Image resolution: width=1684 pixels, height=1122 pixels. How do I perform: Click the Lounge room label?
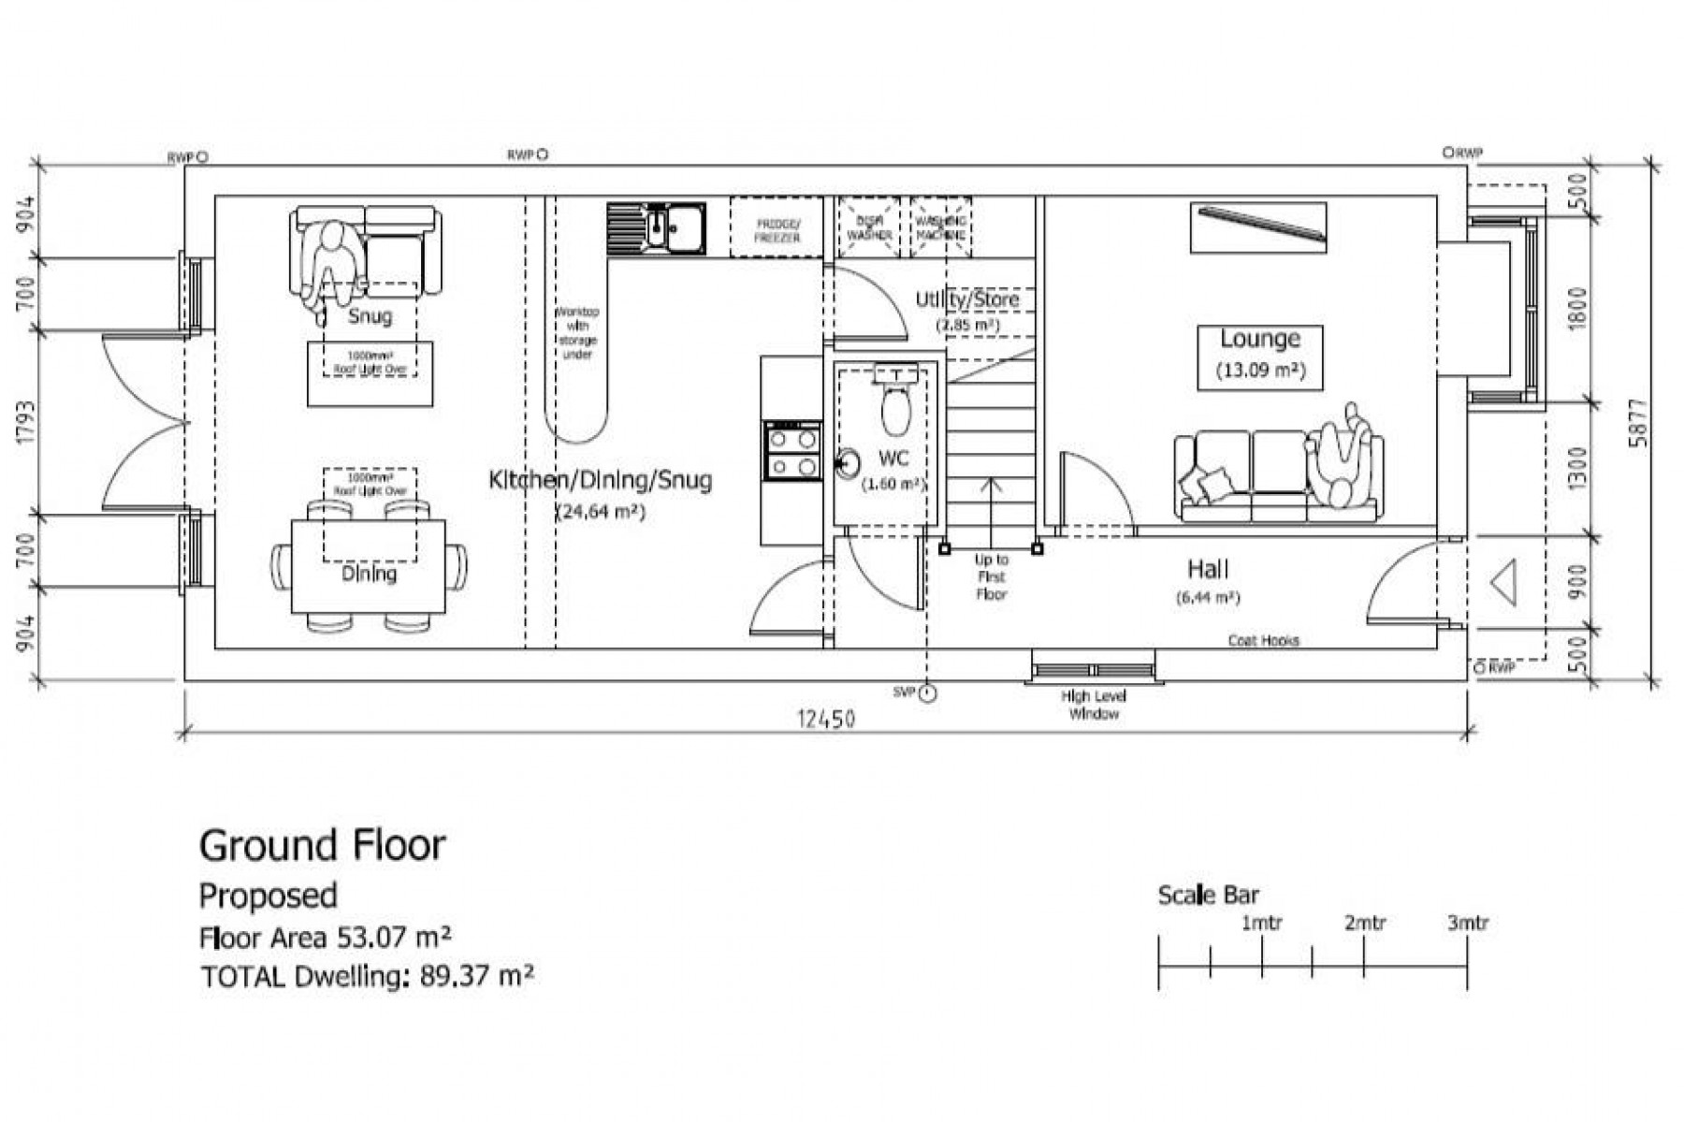1259,339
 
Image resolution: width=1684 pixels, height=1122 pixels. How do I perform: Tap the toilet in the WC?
895,406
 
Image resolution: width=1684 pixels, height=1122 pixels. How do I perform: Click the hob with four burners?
792,451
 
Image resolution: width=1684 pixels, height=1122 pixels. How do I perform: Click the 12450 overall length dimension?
825,719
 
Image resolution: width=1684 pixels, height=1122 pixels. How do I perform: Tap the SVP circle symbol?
927,693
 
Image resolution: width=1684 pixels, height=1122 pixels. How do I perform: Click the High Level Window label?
1093,705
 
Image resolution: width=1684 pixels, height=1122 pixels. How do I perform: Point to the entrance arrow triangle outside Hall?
1503,582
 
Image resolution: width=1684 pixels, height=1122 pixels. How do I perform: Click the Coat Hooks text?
1263,641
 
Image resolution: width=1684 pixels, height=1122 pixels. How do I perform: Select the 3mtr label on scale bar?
1467,924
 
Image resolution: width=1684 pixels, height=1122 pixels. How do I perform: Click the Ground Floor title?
322,845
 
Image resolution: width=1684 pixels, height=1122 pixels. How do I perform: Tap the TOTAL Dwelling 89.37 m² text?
367,976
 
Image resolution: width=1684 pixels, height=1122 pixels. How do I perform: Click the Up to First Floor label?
991,576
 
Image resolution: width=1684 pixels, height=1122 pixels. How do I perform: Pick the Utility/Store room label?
966,299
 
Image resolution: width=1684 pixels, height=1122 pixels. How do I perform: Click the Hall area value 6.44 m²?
1208,597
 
